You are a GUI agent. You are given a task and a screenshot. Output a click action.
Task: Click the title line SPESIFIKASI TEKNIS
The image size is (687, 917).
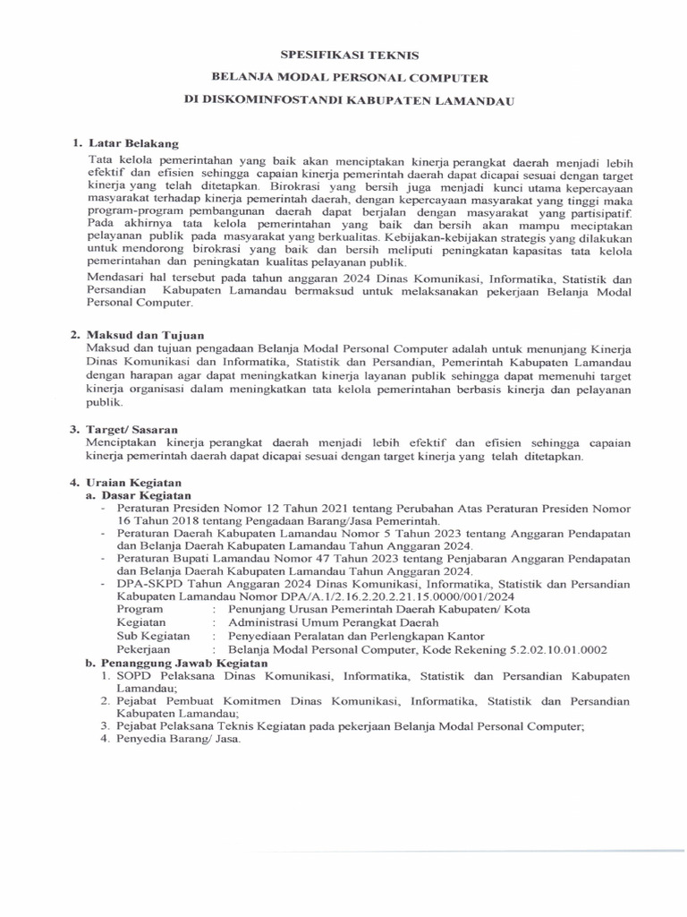(343, 55)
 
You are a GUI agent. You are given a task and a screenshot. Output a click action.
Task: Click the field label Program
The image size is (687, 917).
(141, 610)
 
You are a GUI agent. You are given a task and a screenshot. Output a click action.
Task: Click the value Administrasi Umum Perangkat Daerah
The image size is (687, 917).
(334, 622)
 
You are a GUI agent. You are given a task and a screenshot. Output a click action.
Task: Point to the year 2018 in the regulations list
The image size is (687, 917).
(184, 519)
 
